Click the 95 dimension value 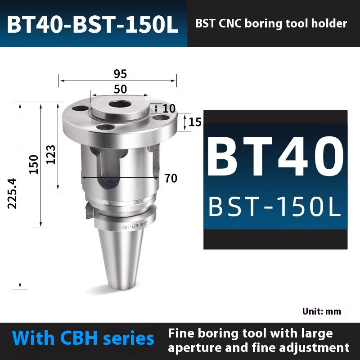point(120,74)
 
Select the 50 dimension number point(120,89)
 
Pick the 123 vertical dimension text point(51,154)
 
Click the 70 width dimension point(171,178)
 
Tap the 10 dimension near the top point(169,108)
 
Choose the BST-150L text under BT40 point(275,207)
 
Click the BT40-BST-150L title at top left point(93,25)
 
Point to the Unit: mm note point(321,311)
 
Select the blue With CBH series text point(84,338)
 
